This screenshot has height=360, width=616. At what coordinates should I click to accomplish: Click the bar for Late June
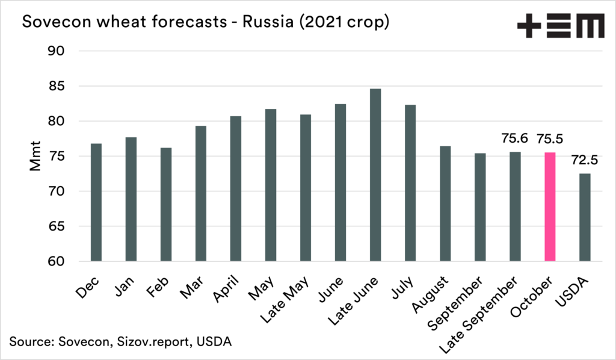pos(375,175)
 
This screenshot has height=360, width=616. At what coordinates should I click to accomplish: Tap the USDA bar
pos(584,217)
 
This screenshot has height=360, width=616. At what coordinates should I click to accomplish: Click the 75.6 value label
pos(514,138)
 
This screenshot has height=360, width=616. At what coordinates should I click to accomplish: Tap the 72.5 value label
pos(584,161)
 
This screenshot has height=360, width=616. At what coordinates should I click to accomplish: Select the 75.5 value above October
pos(549,138)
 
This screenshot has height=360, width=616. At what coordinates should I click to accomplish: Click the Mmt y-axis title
pos(35,157)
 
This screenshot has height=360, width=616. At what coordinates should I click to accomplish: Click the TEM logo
pos(560,26)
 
